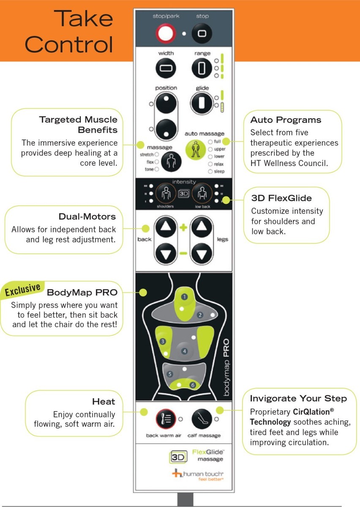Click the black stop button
[x=202, y=33]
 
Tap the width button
[x=166, y=68]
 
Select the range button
[x=202, y=68]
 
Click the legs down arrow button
[x=201, y=255]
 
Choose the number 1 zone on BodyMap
[x=184, y=297]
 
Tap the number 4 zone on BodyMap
[x=184, y=351]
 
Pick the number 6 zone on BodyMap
[x=193, y=385]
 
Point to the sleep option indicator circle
[x=210, y=172]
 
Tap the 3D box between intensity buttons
[x=183, y=194]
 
